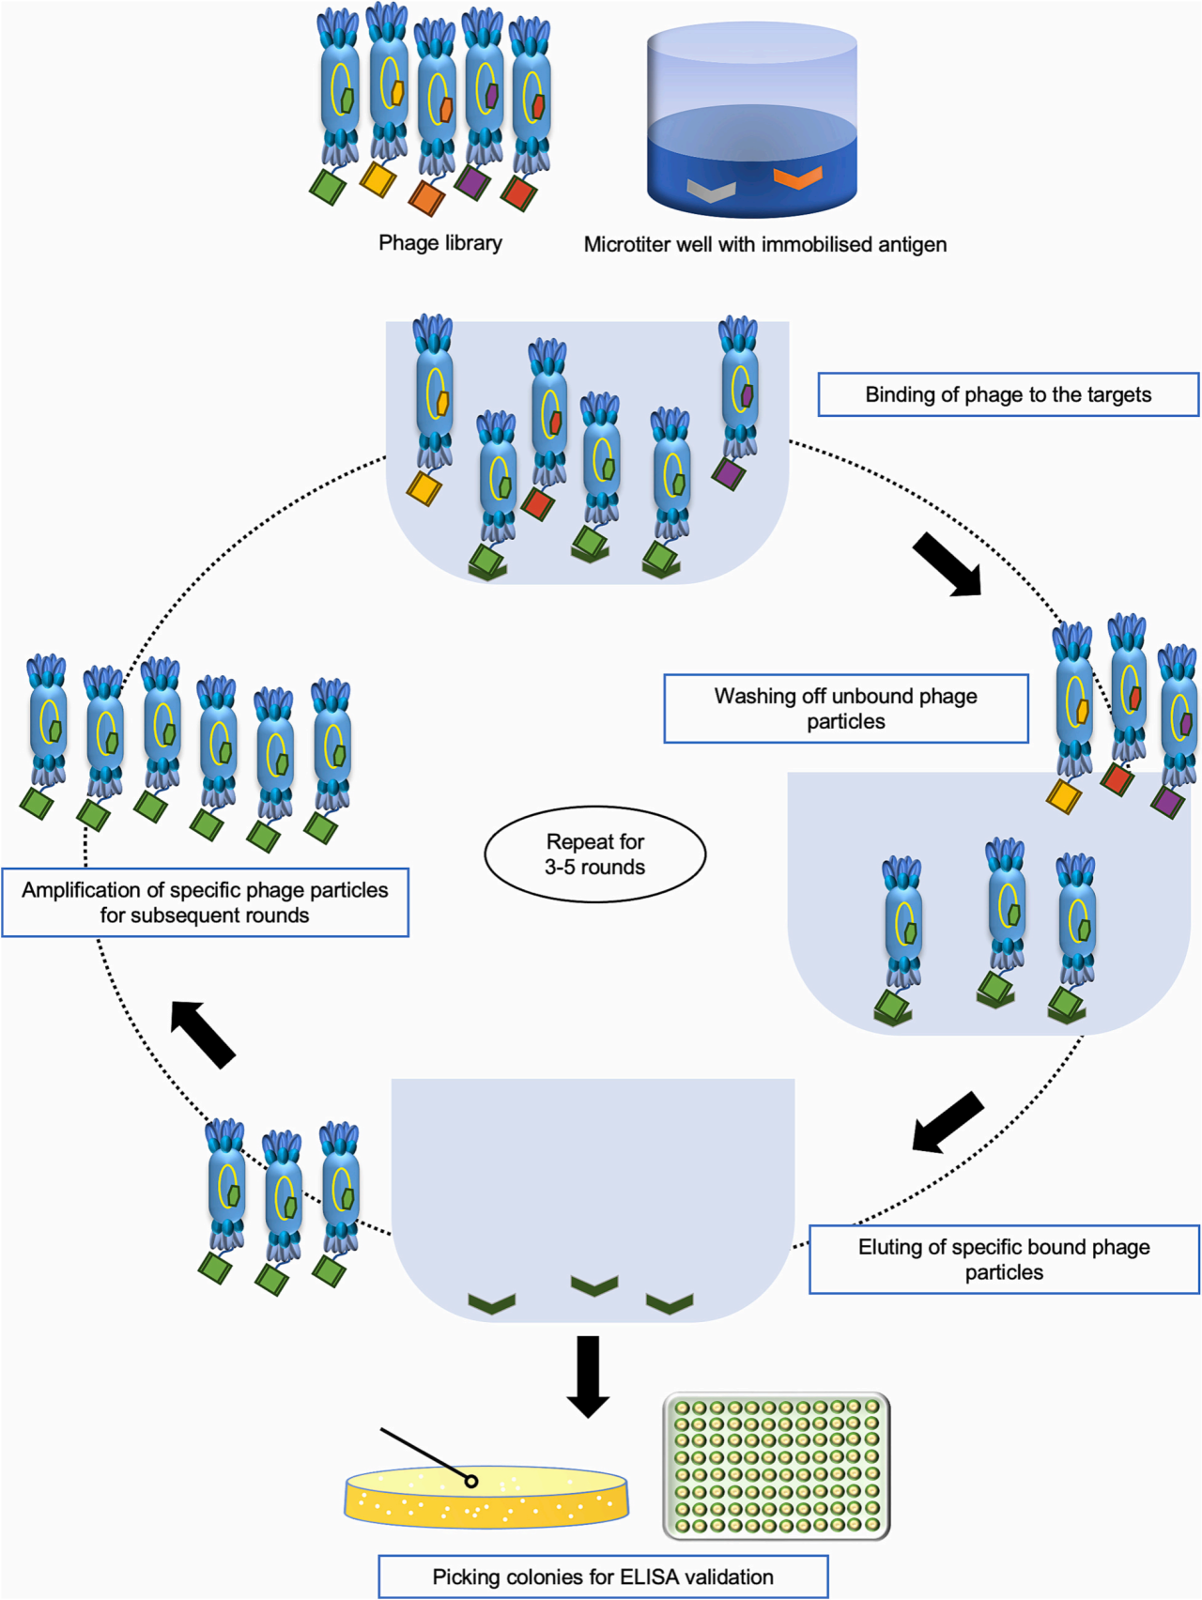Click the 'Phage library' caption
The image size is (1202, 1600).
click(x=439, y=243)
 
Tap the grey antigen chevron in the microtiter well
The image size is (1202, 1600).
click(x=710, y=191)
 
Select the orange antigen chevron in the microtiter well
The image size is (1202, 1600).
click(x=797, y=177)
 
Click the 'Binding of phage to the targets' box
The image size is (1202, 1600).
click(x=1008, y=394)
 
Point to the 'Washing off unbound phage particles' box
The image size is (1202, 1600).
click(x=845, y=709)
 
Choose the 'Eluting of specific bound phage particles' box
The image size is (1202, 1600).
click(x=1004, y=1259)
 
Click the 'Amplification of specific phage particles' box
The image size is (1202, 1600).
click(x=205, y=902)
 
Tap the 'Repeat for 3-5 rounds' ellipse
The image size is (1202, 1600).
click(x=594, y=854)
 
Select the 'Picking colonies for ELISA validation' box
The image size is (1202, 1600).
click(x=603, y=1577)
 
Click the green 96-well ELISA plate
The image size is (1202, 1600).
click(x=777, y=1466)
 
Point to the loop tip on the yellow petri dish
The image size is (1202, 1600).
click(x=471, y=1481)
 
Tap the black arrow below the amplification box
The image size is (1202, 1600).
click(x=202, y=1034)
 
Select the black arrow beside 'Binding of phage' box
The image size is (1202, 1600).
click(x=948, y=564)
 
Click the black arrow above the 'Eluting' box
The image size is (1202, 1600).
click(x=948, y=1122)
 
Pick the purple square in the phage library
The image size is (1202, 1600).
click(x=472, y=181)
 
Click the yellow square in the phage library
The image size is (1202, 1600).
click(x=378, y=178)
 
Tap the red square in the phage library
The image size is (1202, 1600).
click(x=518, y=192)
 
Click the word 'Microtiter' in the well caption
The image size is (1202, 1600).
click(x=624, y=245)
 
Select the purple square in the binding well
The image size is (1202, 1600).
click(x=728, y=473)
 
